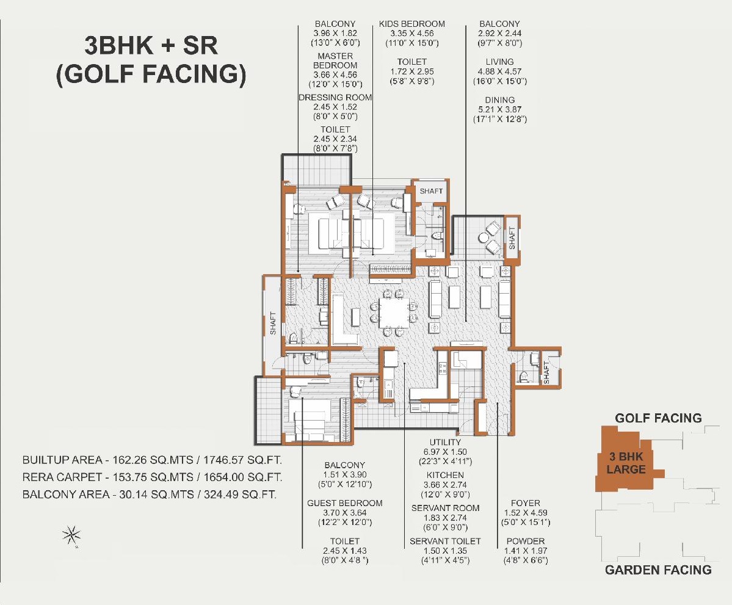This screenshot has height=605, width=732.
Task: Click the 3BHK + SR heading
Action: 151,46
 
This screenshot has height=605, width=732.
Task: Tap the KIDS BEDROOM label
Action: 411,24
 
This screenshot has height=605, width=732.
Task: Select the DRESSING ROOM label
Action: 335,98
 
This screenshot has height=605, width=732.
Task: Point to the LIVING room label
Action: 499,62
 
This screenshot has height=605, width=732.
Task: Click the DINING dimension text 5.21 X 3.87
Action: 499,109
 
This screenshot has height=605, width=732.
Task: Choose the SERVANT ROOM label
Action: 445,508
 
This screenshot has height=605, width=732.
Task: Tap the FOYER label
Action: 525,503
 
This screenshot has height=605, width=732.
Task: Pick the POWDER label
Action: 525,541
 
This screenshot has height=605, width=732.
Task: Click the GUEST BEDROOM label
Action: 344,503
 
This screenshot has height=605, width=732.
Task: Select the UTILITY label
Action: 445,442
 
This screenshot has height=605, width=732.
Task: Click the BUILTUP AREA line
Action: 152,460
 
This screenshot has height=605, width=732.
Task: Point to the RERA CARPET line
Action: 152,477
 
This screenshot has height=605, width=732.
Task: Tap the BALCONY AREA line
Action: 150,495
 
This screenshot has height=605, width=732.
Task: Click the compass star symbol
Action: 71,535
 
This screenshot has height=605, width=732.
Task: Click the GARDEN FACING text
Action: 658,570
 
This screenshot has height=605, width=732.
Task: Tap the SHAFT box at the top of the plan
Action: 431,191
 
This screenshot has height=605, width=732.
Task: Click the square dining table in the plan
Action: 393,313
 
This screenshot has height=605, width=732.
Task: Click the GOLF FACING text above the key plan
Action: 658,418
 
